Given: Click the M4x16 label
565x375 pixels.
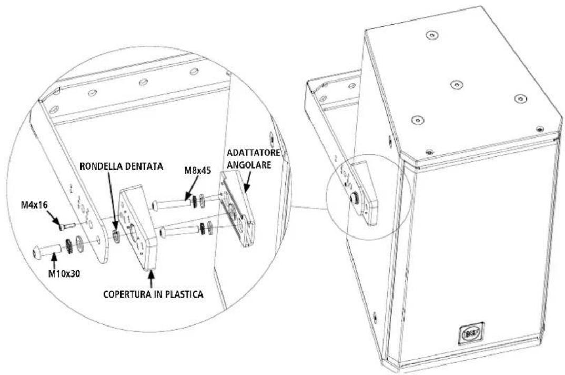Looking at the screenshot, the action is [34, 205].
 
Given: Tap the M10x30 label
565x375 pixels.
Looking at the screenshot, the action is [64, 274].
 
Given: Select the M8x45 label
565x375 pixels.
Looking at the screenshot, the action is [197, 170].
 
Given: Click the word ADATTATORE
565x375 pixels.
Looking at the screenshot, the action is [254, 153].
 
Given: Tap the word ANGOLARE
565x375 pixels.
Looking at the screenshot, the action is [249, 164].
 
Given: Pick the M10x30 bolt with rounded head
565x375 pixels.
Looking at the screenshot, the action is [47, 250].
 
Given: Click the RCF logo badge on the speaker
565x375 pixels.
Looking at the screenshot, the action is [472, 332].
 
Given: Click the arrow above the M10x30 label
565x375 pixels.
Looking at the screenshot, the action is [54, 261].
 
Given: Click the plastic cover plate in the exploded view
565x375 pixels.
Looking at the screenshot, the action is [139, 228].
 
